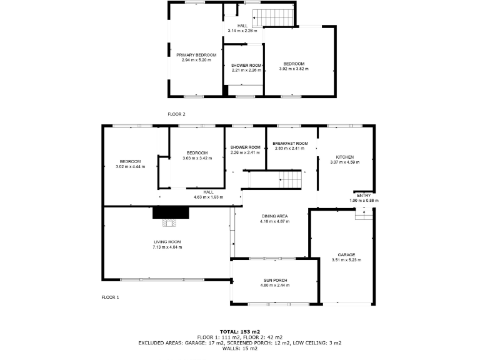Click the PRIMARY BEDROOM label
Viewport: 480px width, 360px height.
[x=196, y=55]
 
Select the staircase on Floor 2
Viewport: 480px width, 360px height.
[x=276, y=17]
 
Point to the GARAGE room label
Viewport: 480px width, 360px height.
[x=346, y=254]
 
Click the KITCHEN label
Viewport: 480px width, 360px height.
[x=345, y=157]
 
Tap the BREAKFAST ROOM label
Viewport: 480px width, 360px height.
[x=290, y=144]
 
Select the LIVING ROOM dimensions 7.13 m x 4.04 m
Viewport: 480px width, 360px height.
[x=167, y=247]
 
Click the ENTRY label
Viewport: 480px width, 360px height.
[x=364, y=196]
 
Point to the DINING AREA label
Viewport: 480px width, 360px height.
[x=274, y=216]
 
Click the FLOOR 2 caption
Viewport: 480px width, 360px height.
[x=177, y=114]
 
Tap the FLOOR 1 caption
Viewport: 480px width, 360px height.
[x=110, y=297]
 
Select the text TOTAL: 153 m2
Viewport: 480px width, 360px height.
[x=239, y=331]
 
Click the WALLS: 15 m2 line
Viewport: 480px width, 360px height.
[x=239, y=348]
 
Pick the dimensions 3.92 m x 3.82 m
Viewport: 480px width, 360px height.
[x=294, y=69]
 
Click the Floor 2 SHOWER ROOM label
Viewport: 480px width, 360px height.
[x=246, y=66]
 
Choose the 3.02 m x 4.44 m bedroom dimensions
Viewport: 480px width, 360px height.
[x=131, y=167]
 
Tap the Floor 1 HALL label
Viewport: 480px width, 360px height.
[x=208, y=192]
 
